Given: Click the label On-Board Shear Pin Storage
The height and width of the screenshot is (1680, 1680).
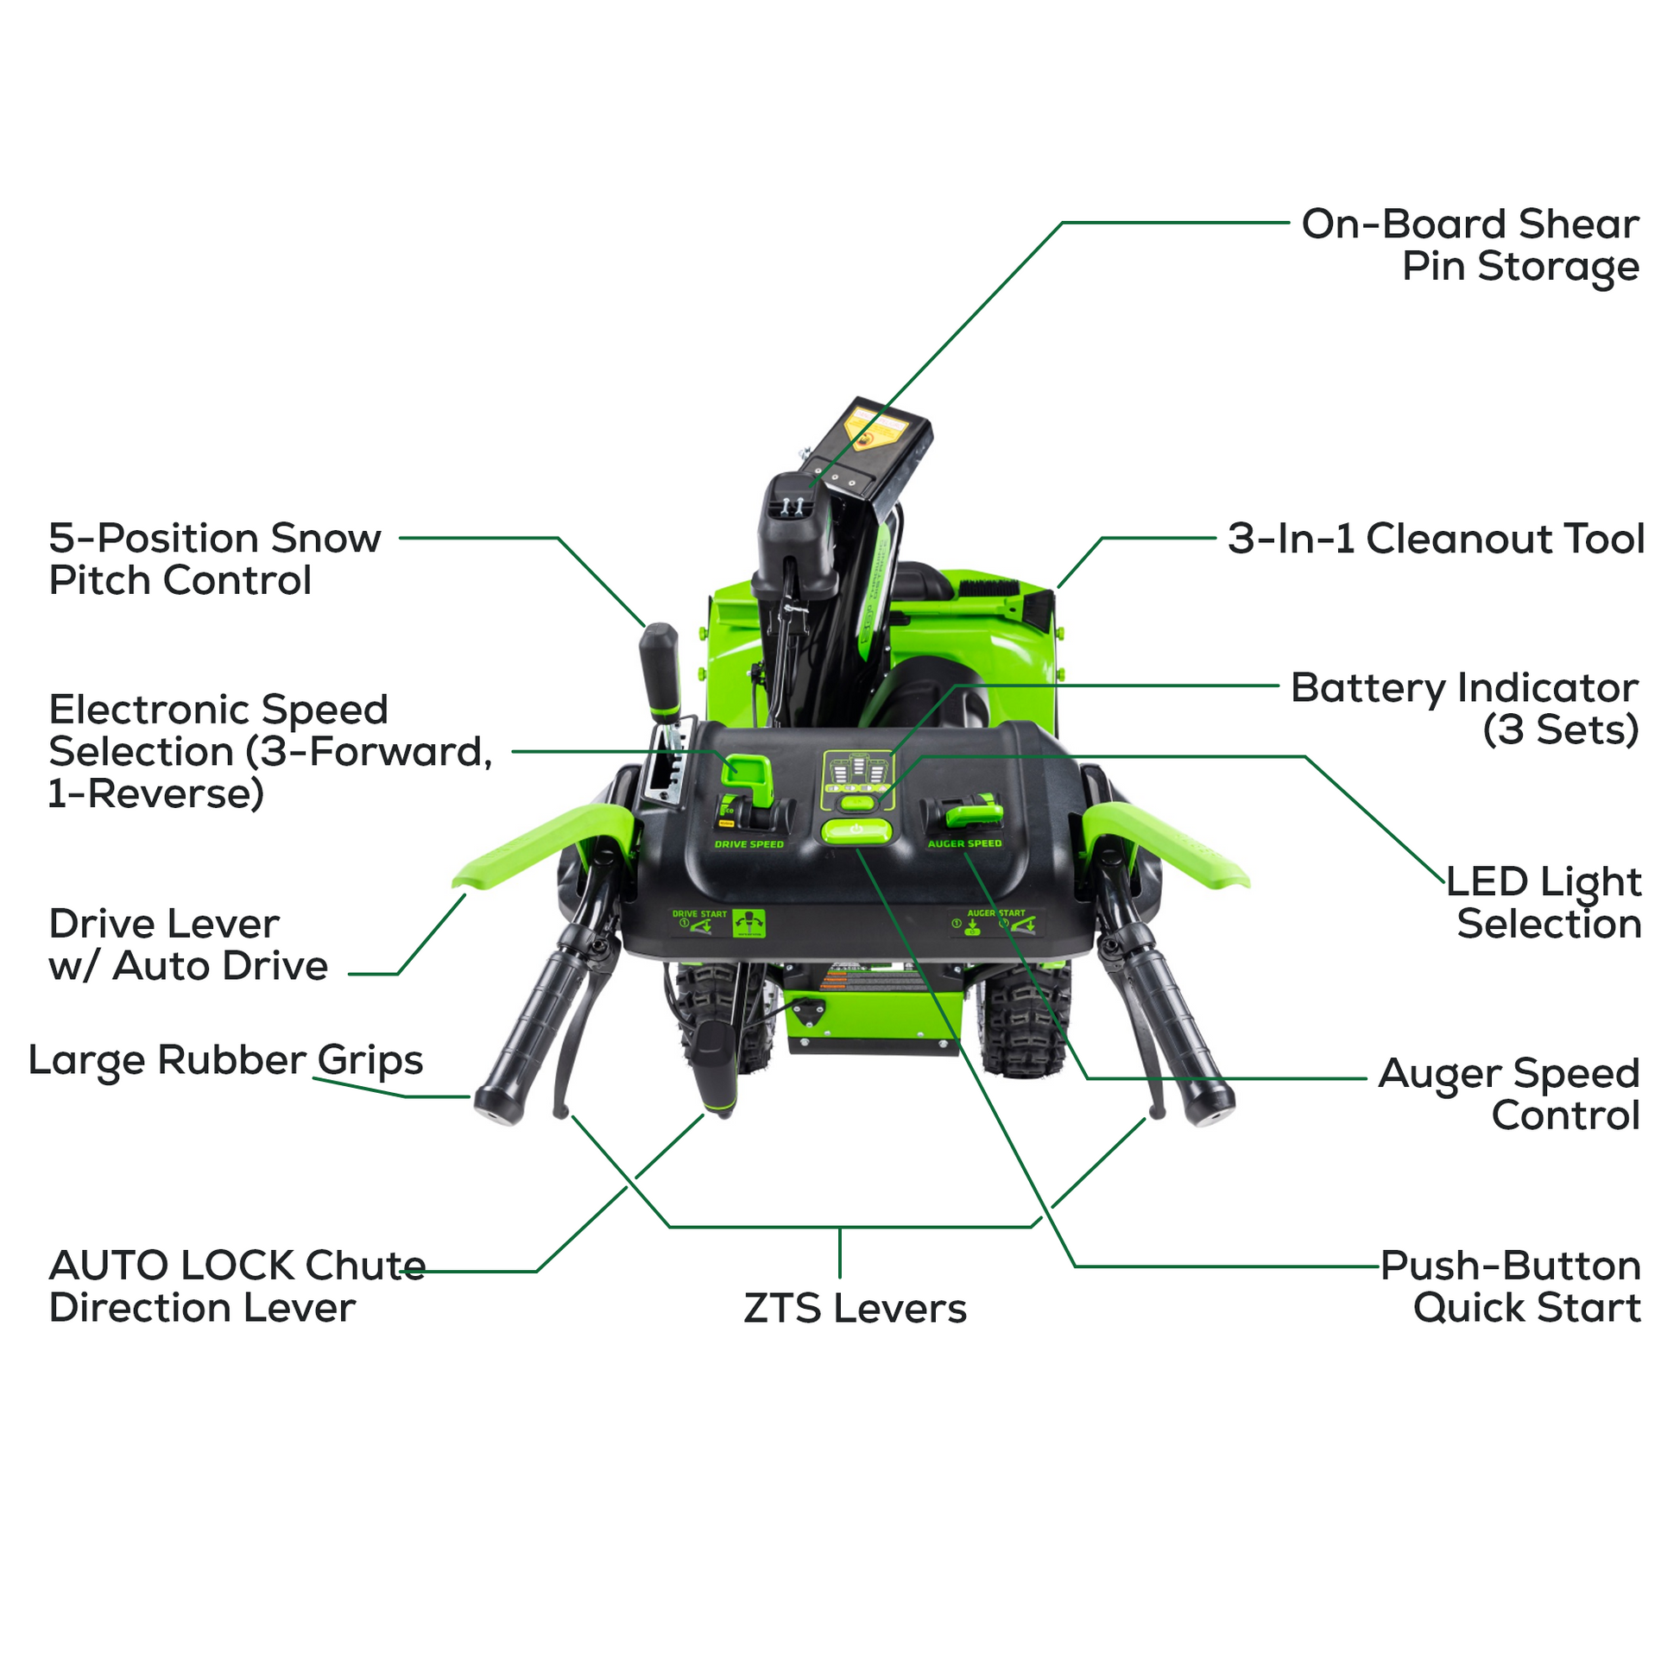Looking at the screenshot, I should tap(1469, 245).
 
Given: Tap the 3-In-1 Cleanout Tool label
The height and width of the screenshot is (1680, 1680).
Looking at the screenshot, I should tap(1436, 539).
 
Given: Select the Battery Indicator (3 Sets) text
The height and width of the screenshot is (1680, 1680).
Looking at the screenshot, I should tap(1464, 709).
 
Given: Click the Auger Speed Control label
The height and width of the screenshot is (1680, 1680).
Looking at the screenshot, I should tap(1510, 1094).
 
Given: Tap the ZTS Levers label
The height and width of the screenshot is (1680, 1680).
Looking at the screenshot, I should tap(855, 1309).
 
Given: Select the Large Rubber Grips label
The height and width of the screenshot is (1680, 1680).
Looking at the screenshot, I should tap(225, 1060).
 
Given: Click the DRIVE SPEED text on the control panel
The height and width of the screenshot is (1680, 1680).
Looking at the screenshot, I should tap(748, 844).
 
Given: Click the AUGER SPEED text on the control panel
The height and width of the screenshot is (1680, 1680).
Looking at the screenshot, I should tap(964, 843).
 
